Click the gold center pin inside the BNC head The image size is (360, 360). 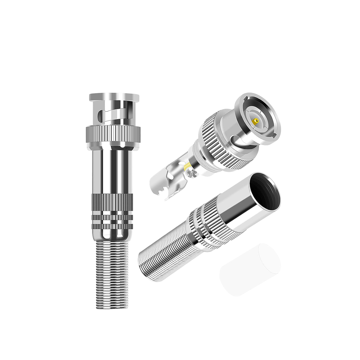click(256, 120)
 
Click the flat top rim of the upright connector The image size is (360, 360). click(114, 97)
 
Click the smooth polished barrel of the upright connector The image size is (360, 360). click(114, 170)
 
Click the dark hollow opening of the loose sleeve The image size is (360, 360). click(266, 192)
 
